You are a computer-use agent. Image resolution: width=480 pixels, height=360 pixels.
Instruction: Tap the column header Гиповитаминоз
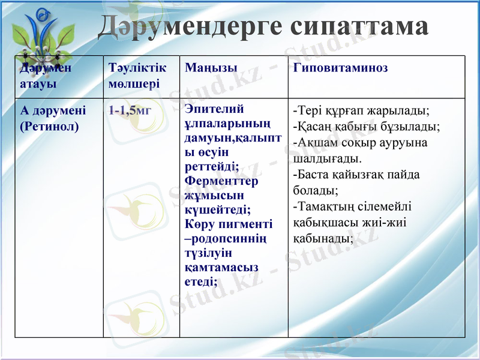[x=340, y=68]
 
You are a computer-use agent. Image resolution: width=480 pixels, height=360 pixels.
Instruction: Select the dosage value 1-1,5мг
[x=130, y=111]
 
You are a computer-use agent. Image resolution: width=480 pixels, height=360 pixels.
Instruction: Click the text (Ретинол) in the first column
[x=50, y=127]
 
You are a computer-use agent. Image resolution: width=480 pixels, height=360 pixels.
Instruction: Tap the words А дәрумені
[x=53, y=111]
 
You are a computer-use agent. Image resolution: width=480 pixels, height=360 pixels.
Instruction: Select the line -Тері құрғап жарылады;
[x=361, y=111]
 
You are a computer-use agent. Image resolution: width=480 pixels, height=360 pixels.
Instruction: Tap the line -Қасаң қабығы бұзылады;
[x=366, y=127]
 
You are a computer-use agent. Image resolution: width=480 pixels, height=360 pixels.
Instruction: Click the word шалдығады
[x=327, y=159]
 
